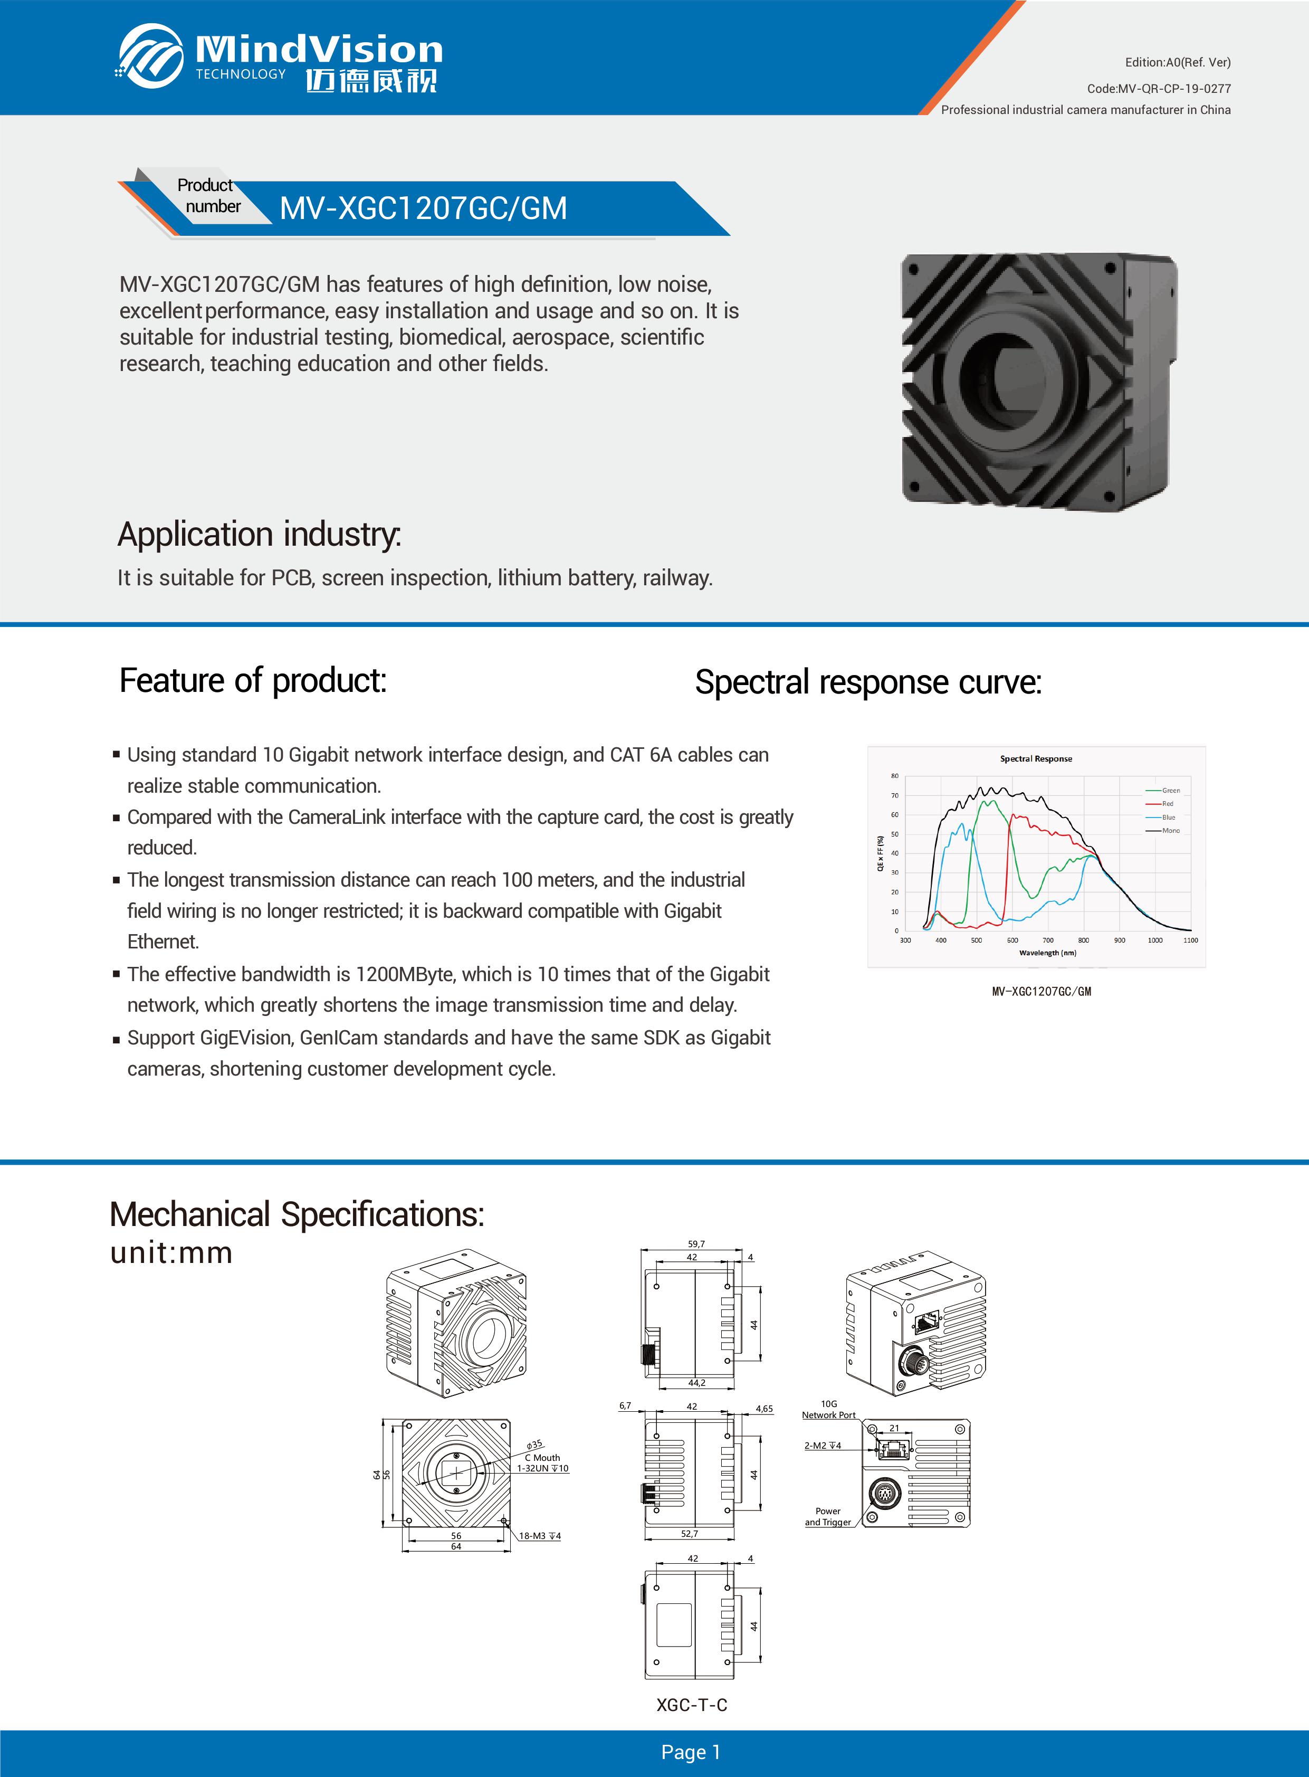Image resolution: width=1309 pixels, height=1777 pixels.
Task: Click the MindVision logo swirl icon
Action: tap(150, 55)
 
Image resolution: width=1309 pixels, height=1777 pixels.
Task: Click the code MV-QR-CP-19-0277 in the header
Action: tap(1159, 89)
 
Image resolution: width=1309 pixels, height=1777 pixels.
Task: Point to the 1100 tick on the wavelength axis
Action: tap(1190, 940)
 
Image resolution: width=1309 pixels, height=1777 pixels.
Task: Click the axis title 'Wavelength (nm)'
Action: tap(1047, 953)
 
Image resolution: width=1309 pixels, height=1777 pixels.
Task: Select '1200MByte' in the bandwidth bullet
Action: tap(404, 974)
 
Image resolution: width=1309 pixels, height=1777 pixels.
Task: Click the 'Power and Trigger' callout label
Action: tap(827, 1516)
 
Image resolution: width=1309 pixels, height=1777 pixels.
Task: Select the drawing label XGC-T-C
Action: tap(691, 1705)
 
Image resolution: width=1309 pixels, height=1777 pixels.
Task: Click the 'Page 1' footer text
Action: tap(691, 1752)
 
